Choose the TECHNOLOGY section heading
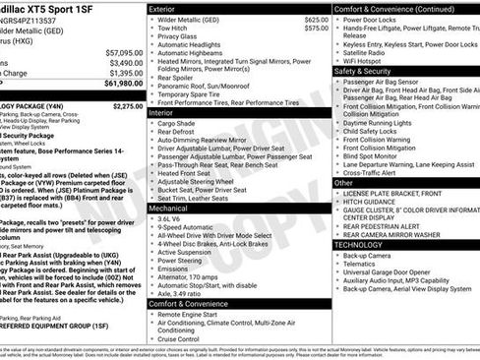[359, 244]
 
